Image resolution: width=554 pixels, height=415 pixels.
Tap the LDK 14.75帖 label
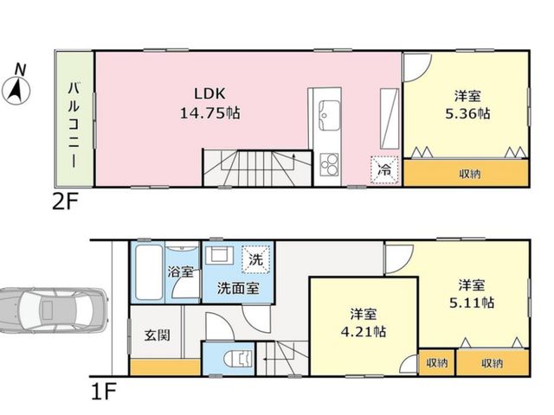click(x=209, y=104)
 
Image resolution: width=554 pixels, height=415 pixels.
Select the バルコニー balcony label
click(x=74, y=124)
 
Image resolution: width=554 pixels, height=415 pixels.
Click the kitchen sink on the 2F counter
click(x=329, y=115)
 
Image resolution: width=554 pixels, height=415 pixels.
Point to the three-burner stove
click(x=329, y=165)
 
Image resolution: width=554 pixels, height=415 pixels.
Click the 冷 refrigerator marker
click(x=384, y=170)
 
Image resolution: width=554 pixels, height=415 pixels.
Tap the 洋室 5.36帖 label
click(x=467, y=105)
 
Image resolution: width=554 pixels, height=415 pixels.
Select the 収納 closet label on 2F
click(x=469, y=174)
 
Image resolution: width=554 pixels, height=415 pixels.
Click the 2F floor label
click(x=65, y=202)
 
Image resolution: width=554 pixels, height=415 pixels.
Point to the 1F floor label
click(x=103, y=391)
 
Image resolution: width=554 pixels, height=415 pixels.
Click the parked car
click(x=53, y=310)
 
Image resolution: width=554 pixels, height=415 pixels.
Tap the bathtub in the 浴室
click(x=149, y=272)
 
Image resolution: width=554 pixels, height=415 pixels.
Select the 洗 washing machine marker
click(x=256, y=260)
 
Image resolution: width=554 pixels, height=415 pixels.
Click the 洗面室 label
click(x=238, y=289)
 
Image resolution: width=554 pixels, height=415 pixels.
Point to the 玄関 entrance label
click(x=157, y=335)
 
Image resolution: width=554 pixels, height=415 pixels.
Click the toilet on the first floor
click(x=239, y=359)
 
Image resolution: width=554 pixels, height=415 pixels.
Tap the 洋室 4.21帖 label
click(x=364, y=322)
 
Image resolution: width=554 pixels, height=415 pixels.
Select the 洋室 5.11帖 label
click(x=471, y=294)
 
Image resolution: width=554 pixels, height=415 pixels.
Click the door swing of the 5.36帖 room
click(x=417, y=67)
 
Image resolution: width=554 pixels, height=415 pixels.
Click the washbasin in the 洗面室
click(x=219, y=255)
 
